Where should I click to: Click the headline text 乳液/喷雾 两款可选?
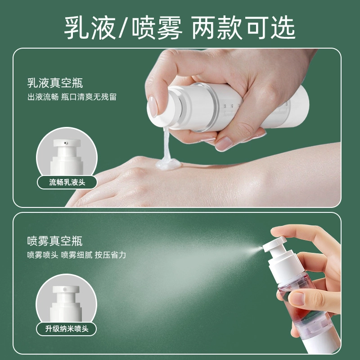click(x=180, y=28)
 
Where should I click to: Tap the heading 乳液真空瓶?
click(x=55, y=83)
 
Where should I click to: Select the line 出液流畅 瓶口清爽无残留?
click(x=72, y=97)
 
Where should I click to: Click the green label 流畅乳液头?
click(x=67, y=183)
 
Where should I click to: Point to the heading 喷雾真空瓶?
click(x=54, y=241)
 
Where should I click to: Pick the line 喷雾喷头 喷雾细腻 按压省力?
click(x=76, y=255)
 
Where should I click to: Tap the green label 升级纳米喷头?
click(x=67, y=329)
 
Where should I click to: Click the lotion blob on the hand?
click(x=168, y=164)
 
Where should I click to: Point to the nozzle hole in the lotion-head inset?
click(x=66, y=143)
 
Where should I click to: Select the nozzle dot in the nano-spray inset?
click(x=65, y=289)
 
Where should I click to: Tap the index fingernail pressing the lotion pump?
click(x=153, y=106)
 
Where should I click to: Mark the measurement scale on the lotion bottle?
click(x=229, y=110)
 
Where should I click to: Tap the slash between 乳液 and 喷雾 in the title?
click(x=123, y=28)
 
